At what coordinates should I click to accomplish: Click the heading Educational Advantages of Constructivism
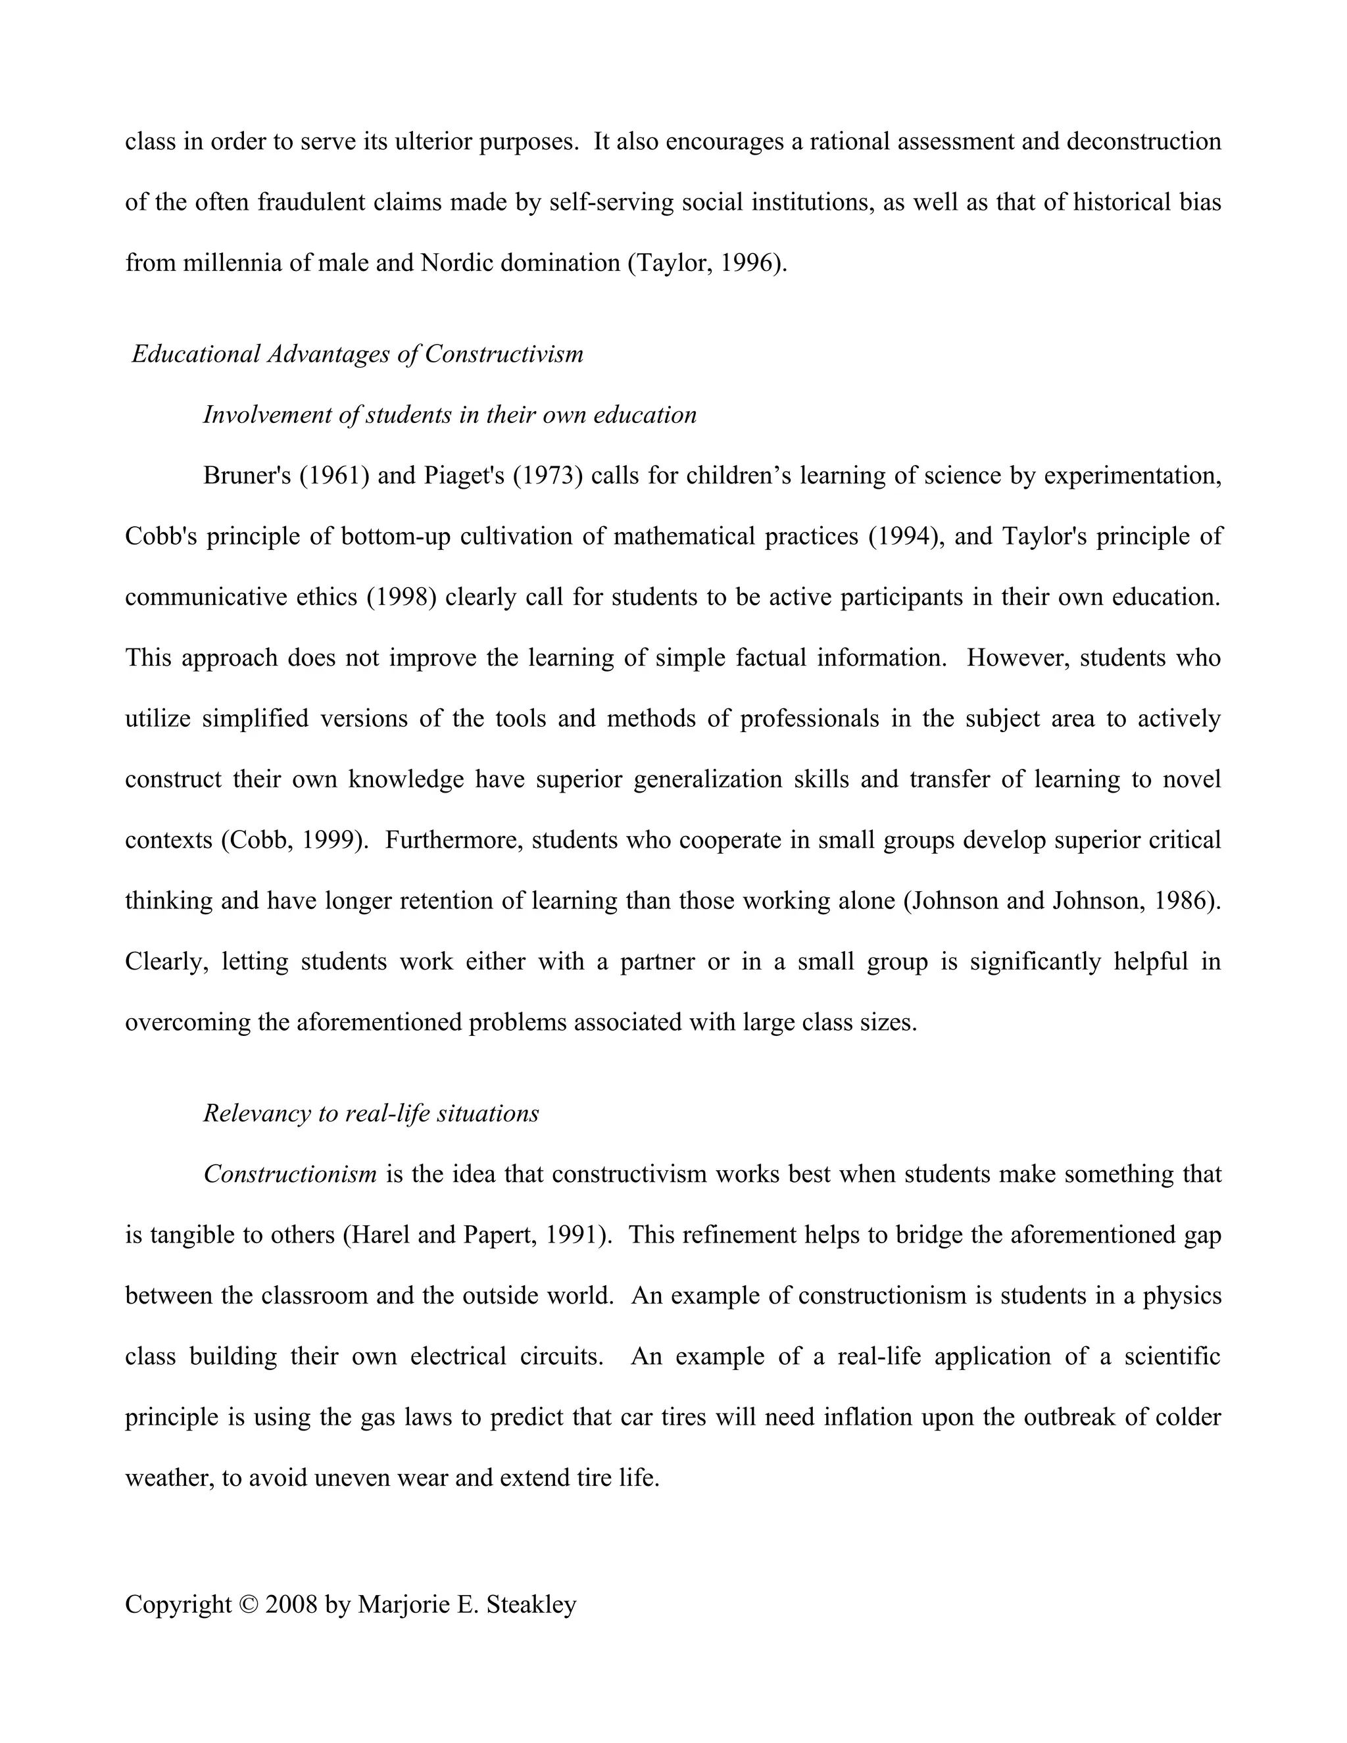click(x=358, y=354)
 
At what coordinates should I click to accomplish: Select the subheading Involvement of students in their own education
click(x=449, y=414)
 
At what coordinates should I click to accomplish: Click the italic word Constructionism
click(x=289, y=1173)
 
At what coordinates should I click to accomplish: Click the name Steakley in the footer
click(x=531, y=1604)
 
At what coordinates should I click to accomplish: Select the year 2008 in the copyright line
click(x=291, y=1604)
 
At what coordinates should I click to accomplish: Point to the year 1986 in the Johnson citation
click(x=1183, y=901)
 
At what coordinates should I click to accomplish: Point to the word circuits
click(x=560, y=1356)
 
